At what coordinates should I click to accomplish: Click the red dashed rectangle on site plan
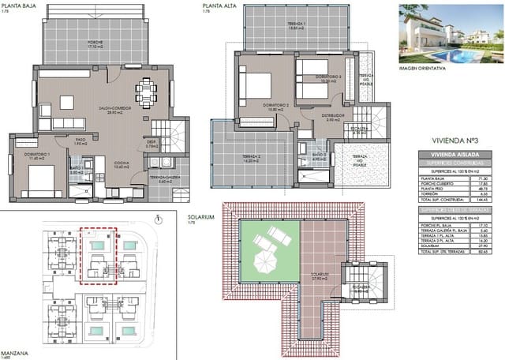pos(99,255)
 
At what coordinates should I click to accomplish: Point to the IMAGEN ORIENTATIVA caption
pos(422,67)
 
